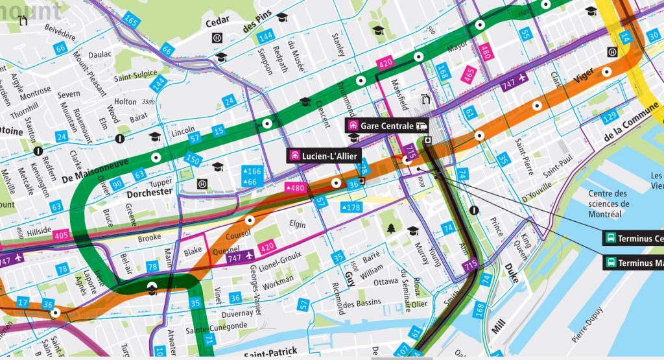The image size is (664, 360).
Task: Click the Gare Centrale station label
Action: (388, 126)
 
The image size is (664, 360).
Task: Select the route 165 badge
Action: (132, 22)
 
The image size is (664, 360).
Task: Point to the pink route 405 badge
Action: (62, 235)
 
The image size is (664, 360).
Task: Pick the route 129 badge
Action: (609, 117)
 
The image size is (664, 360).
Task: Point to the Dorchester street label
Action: (150, 192)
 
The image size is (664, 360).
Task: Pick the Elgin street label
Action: (297, 224)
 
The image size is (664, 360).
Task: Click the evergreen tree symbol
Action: (391, 228)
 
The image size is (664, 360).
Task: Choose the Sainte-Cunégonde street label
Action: (217, 326)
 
